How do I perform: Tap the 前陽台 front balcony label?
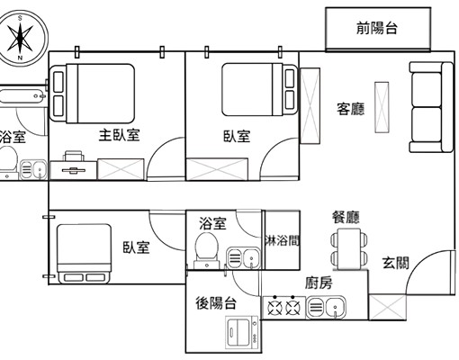[x=377, y=28]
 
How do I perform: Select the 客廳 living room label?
[x=350, y=109]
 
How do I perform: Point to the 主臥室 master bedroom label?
[x=119, y=136]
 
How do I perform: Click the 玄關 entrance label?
[x=396, y=263]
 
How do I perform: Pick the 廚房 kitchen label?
[x=319, y=283]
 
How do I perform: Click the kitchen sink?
[x=328, y=309]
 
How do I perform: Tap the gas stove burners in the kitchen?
[x=283, y=309]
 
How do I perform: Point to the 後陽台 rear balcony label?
[x=216, y=303]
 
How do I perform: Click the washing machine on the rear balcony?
[x=239, y=333]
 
